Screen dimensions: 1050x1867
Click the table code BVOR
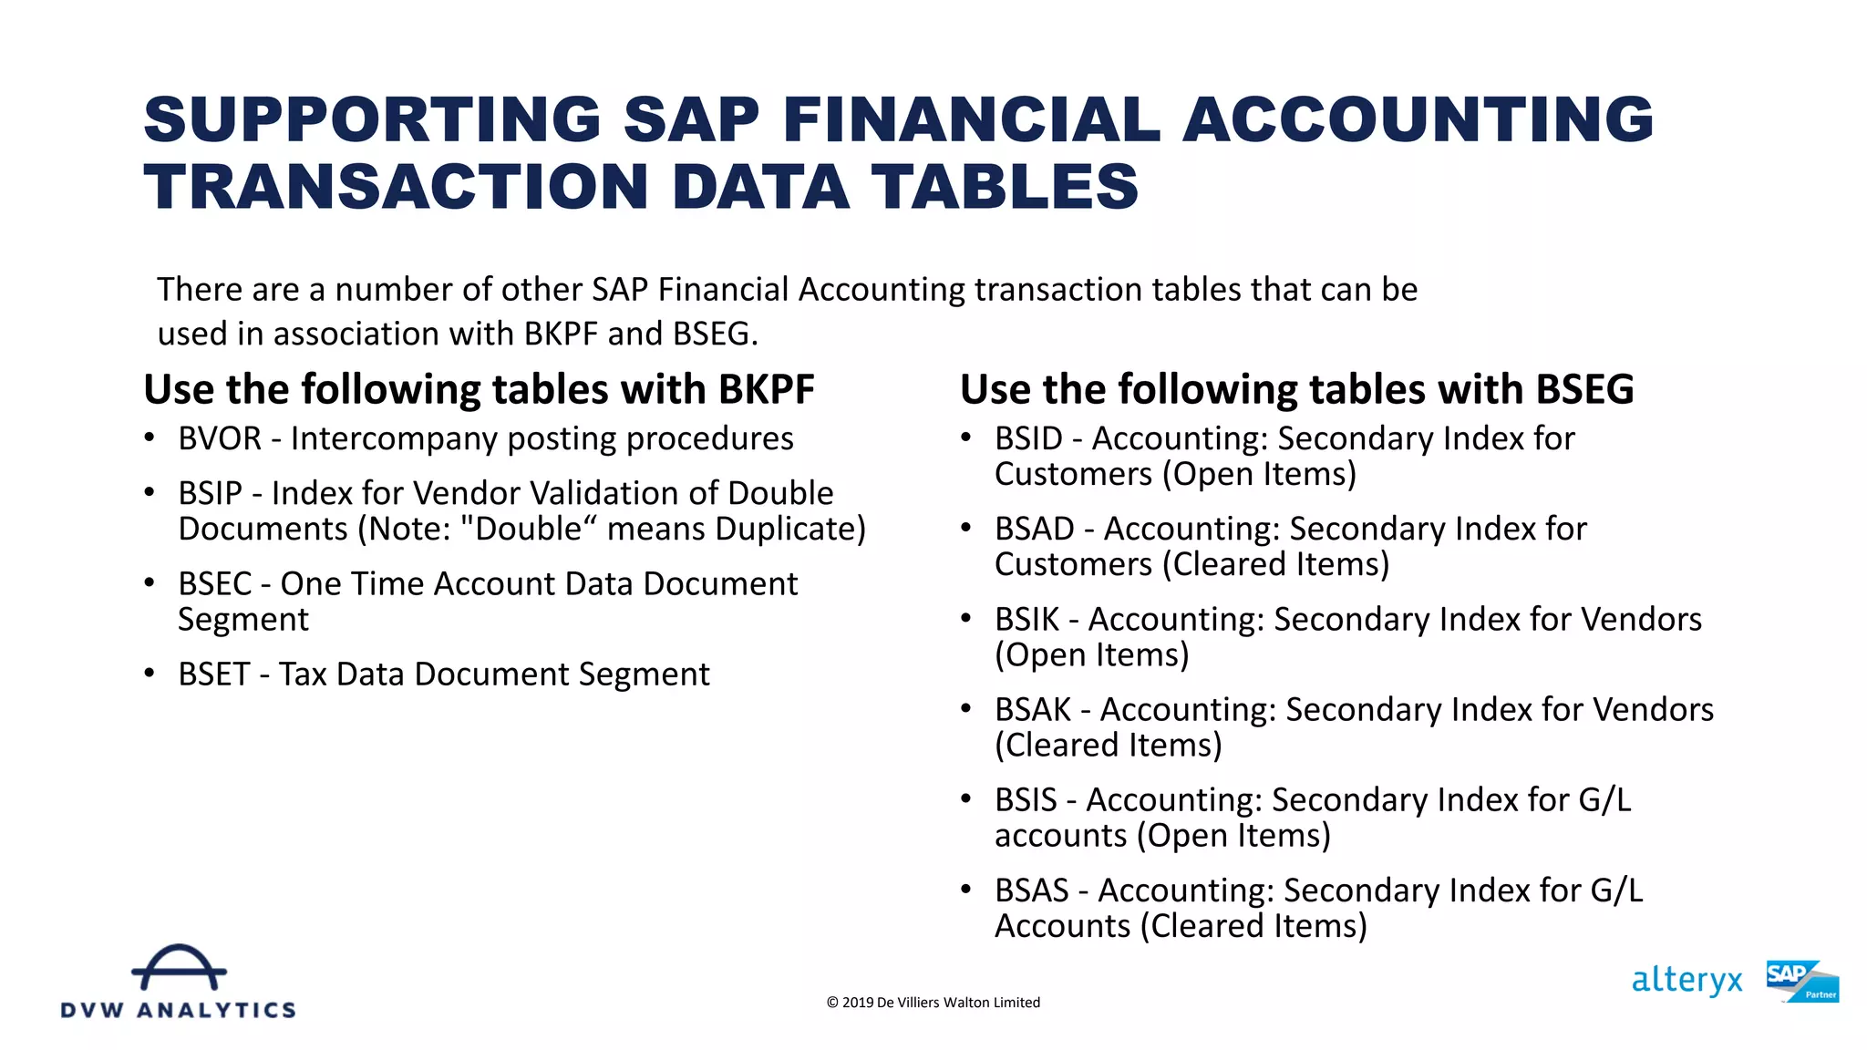220,439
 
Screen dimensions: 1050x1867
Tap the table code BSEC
214,584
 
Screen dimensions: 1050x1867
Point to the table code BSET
213,674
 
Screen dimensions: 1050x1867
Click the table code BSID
1028,439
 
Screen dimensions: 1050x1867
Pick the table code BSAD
1034,530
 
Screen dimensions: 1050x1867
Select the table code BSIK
1026,620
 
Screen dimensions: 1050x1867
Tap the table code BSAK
1032,710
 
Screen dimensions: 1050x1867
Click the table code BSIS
1026,800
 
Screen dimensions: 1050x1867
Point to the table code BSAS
1031,890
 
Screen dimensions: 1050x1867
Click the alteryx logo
1686,981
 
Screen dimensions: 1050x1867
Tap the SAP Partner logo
1801,982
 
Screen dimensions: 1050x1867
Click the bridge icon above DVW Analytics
179,968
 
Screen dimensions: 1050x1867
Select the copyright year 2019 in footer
857,1003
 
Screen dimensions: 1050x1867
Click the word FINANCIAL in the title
971,119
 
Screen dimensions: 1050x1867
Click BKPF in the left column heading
766,390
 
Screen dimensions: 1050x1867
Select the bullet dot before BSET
150,674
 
